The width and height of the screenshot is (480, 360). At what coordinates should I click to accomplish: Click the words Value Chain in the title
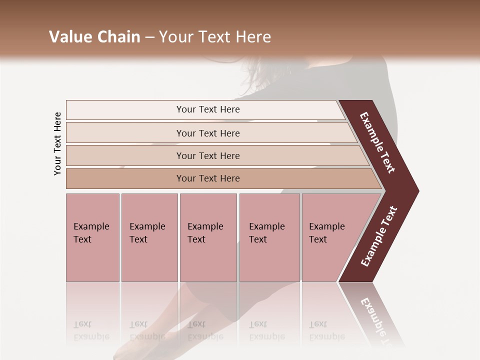(x=94, y=37)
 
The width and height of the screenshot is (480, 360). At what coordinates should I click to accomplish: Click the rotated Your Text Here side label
(x=57, y=143)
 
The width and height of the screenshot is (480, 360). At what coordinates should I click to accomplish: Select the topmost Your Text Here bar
(x=208, y=109)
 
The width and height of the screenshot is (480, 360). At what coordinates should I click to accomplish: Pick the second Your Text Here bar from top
(x=208, y=133)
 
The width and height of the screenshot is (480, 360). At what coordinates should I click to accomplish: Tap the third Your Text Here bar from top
(x=208, y=155)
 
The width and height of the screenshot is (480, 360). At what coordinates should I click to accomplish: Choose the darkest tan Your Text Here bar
(x=208, y=178)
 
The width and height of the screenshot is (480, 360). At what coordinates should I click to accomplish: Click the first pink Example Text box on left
(x=92, y=237)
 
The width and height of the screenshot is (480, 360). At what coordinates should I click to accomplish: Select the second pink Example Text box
(x=149, y=237)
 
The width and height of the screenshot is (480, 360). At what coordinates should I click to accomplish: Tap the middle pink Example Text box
(x=208, y=237)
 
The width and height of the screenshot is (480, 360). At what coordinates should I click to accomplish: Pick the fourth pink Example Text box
(x=269, y=237)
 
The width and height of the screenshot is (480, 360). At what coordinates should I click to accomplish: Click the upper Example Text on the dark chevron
(x=377, y=142)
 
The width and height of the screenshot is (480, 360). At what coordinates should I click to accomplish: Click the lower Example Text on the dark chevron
(x=379, y=236)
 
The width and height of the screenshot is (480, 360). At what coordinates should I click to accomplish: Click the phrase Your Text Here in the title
(x=215, y=37)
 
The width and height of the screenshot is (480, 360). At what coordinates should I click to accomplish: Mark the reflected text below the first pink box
(x=91, y=330)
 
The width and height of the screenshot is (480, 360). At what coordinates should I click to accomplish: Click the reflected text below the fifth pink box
(x=326, y=330)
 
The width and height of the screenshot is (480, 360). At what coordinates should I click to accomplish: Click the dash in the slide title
(x=149, y=37)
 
